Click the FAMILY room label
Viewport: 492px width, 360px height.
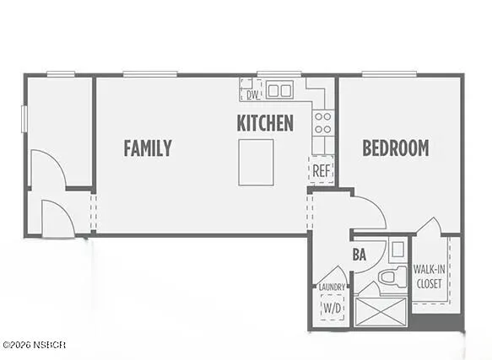click(x=148, y=148)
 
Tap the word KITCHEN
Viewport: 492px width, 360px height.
click(x=265, y=123)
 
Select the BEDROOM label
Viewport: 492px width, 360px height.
click(x=395, y=148)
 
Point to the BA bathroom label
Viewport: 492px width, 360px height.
click(x=359, y=254)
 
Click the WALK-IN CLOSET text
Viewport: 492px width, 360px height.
click(x=430, y=277)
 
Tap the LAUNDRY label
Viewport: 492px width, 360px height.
click(x=332, y=287)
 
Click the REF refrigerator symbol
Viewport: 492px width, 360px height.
click(x=321, y=170)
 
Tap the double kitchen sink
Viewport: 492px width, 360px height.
click(x=279, y=89)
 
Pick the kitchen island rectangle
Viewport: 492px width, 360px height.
click(x=256, y=162)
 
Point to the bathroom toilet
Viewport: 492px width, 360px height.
click(x=389, y=276)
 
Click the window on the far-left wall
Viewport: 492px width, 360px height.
click(x=24, y=118)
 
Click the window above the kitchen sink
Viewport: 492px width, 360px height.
click(x=278, y=74)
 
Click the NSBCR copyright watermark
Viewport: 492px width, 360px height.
click(x=34, y=345)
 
